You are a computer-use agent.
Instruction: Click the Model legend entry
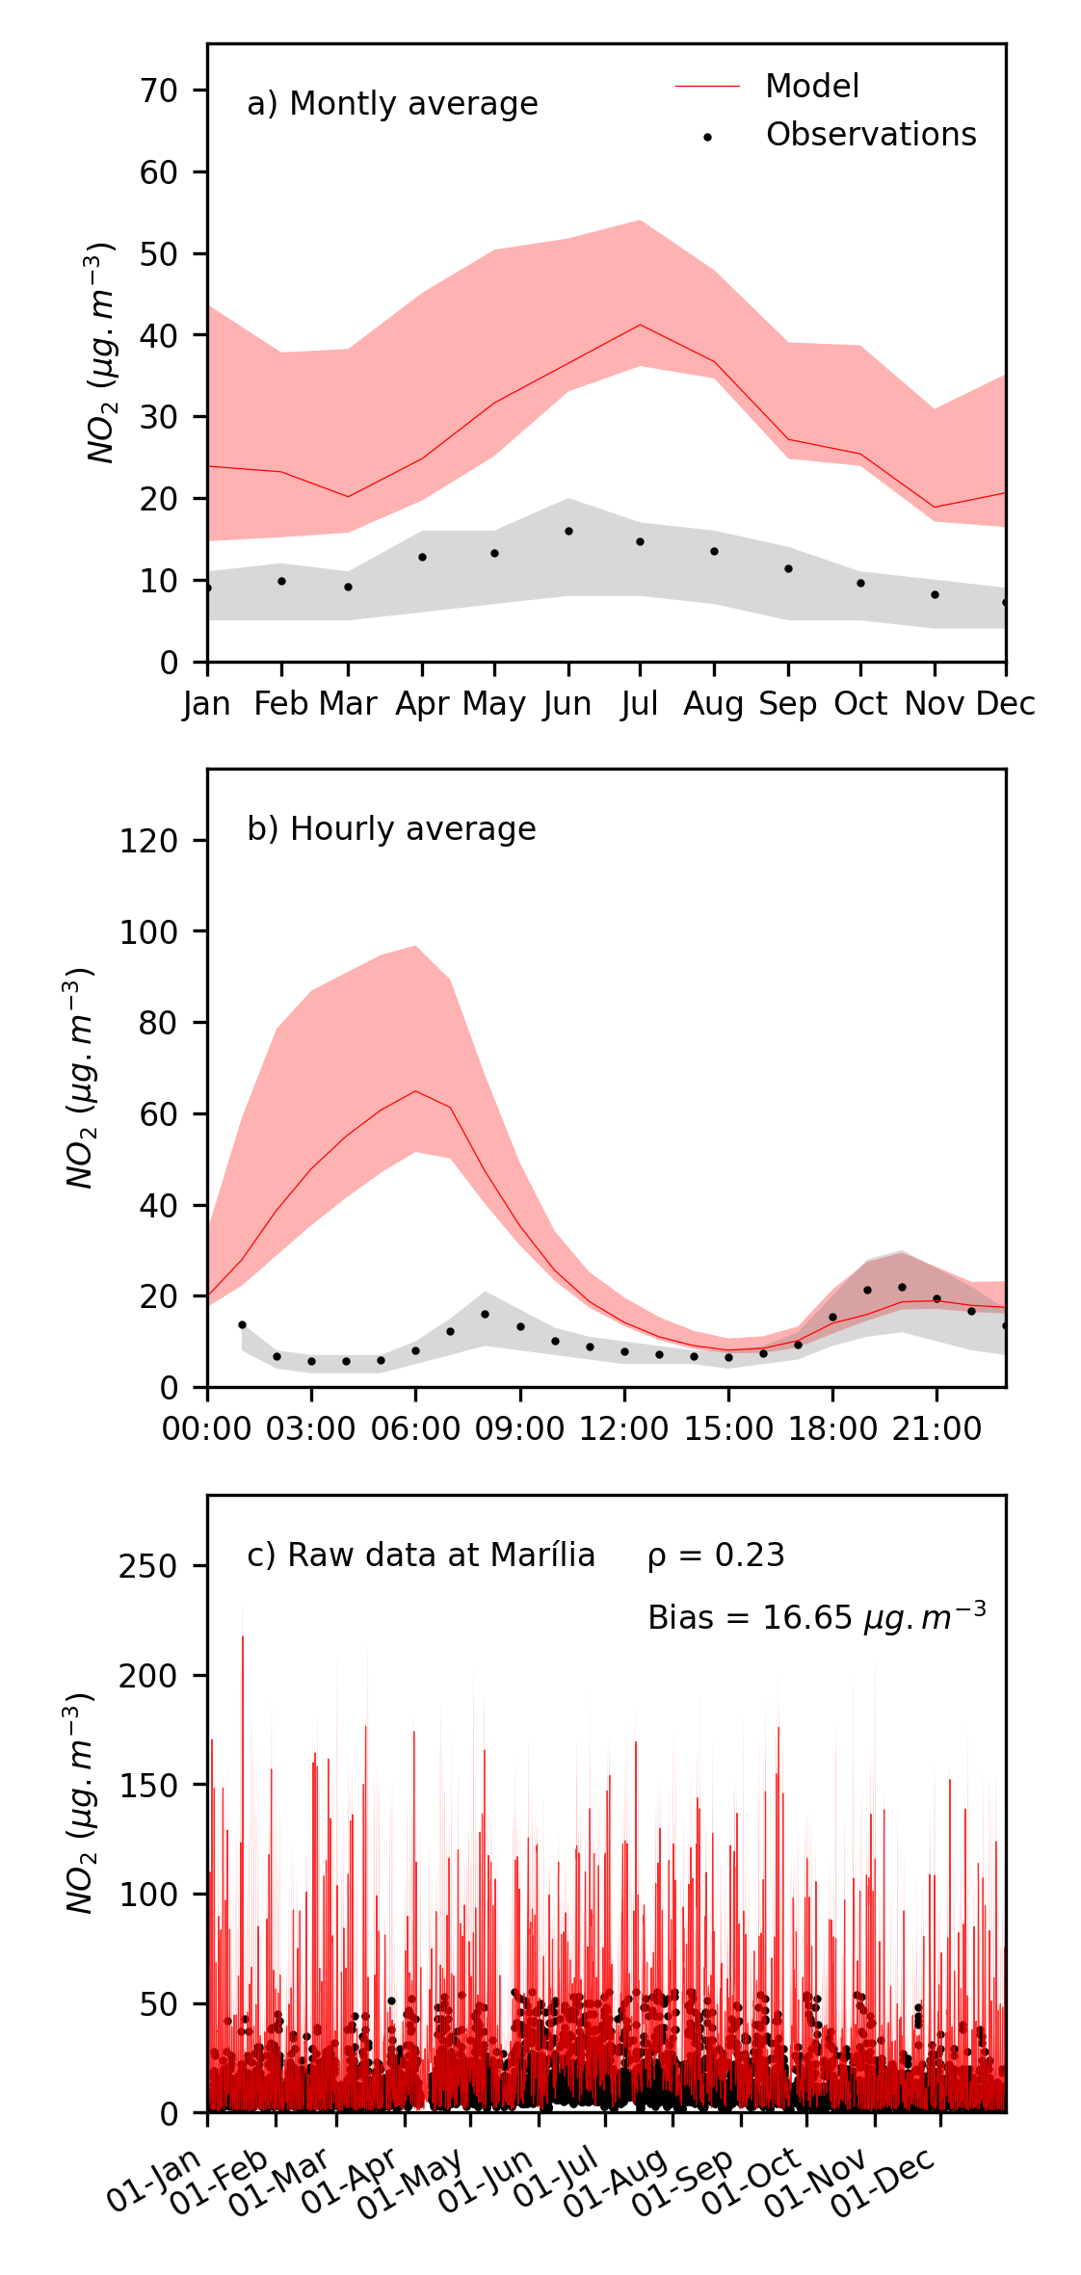coord(811,87)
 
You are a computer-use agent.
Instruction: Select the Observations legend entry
coord(870,135)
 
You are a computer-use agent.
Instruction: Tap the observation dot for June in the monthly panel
coord(568,531)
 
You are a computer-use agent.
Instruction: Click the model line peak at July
coord(640,325)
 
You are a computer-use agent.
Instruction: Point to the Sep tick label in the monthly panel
coord(788,704)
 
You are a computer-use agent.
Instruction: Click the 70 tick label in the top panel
coord(159,91)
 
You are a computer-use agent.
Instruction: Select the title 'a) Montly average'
coord(392,104)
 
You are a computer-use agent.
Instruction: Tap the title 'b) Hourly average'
coord(391,829)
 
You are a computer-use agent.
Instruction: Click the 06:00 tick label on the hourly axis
coord(416,1428)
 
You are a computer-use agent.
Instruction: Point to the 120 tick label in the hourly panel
coord(148,841)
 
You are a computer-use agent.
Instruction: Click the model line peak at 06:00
coord(415,1091)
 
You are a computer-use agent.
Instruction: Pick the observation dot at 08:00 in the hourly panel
coord(485,1314)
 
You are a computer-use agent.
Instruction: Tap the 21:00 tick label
coord(936,1428)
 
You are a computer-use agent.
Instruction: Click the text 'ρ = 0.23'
coord(716,1556)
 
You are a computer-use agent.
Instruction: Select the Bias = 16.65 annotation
coord(817,1617)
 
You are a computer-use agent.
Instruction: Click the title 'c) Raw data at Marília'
coord(421,1556)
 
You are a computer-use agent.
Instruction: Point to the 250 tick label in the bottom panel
coord(148,1567)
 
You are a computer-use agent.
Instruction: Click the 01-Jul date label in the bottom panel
coord(557,2179)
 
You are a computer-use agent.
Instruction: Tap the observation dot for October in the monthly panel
coord(860,583)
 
